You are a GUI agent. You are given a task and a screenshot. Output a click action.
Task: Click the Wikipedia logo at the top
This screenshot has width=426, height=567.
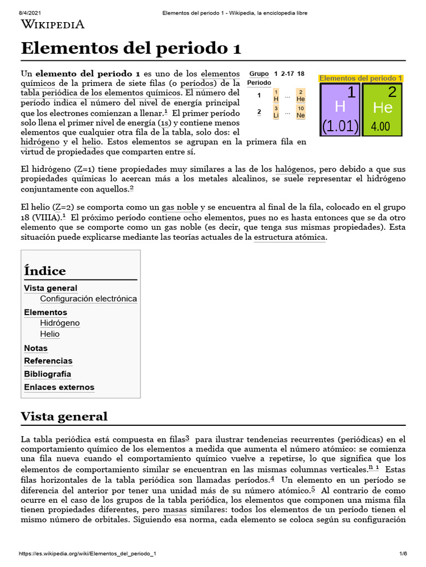[x=53, y=24]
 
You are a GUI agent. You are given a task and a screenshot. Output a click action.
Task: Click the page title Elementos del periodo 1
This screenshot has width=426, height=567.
[x=131, y=48]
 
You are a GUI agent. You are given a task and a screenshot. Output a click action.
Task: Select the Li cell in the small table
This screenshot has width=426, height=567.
[x=276, y=112]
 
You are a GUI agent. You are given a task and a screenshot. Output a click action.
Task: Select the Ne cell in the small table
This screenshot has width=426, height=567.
[x=301, y=112]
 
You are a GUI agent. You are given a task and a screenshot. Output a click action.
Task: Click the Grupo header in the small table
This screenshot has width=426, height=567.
[x=259, y=74]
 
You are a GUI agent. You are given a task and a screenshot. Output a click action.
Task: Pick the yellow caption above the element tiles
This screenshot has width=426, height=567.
[x=361, y=78]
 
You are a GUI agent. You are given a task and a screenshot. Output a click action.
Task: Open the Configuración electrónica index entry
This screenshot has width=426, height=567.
[x=88, y=299]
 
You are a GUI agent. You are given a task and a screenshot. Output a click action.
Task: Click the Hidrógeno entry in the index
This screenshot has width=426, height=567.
[x=60, y=323]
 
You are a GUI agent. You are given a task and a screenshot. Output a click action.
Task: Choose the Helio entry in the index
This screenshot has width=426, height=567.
[x=50, y=334]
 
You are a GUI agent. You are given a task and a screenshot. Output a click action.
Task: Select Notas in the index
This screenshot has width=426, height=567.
[x=36, y=348]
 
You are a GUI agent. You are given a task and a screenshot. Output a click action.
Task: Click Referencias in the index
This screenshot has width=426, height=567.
[x=48, y=361]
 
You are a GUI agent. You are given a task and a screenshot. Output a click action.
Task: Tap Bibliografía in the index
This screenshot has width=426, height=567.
[x=48, y=374]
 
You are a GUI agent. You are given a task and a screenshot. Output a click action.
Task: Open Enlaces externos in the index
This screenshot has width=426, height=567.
[x=59, y=387]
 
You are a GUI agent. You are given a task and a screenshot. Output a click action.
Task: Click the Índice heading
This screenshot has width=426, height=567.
[x=45, y=271]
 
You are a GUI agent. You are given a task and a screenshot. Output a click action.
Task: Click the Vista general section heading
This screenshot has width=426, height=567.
[x=64, y=416]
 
